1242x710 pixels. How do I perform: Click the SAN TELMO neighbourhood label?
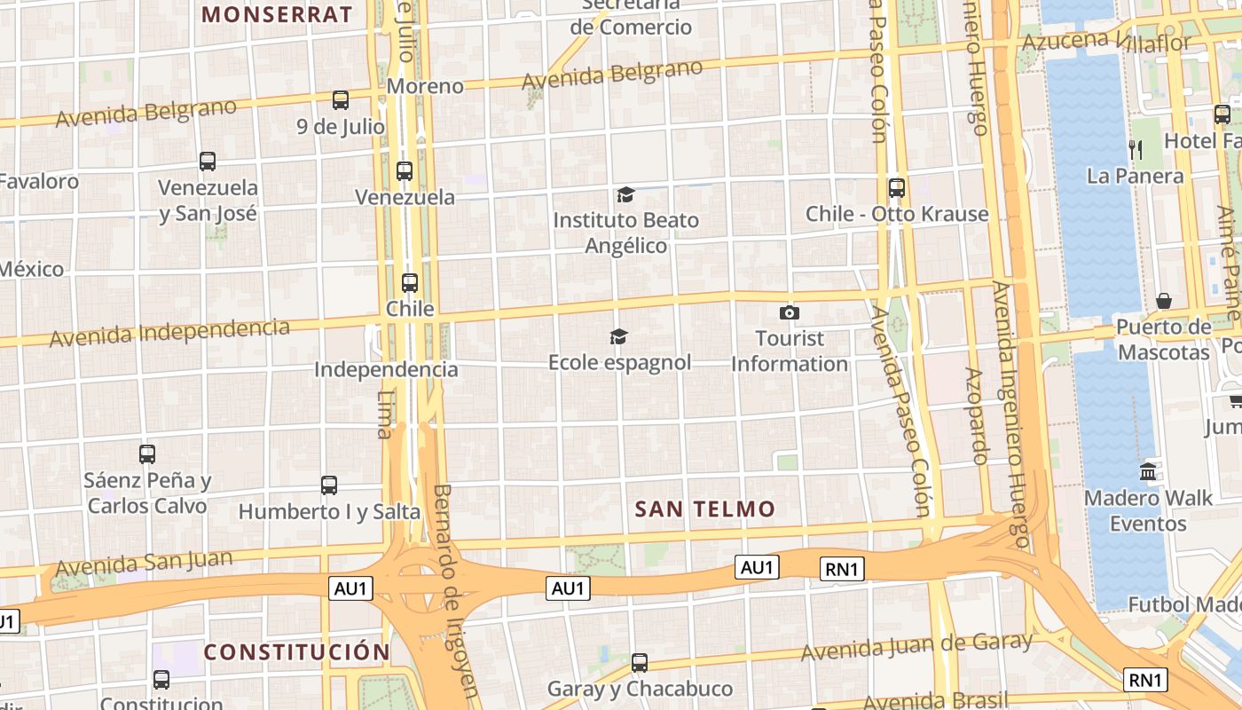pos(705,509)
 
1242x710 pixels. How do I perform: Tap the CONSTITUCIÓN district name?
pos(296,652)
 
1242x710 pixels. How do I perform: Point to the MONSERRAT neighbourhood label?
pos(277,14)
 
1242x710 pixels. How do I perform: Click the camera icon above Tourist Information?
pos(789,312)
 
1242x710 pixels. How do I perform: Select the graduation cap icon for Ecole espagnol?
pos(618,336)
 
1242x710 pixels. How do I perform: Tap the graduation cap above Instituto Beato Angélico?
pos(626,194)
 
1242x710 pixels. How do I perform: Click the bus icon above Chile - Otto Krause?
pos(897,188)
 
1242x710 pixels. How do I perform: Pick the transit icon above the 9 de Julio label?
pos(341,100)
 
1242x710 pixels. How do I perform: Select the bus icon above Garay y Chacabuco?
pos(639,663)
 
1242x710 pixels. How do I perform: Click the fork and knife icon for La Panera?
pos(1136,149)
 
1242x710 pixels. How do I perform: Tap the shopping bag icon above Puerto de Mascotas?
pos(1164,301)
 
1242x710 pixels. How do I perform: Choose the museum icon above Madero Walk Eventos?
pos(1148,471)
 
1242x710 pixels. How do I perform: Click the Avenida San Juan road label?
pos(144,563)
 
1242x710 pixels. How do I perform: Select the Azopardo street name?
pos(978,416)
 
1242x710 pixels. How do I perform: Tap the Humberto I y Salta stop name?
pos(329,512)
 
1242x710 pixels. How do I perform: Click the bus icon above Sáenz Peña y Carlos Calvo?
pos(147,454)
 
